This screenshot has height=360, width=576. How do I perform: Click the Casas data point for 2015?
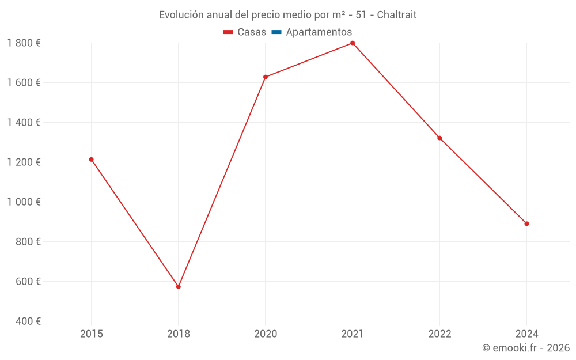(x=91, y=160)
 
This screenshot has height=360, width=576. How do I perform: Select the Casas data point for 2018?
(x=178, y=286)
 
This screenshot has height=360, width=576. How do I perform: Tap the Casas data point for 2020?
(x=266, y=77)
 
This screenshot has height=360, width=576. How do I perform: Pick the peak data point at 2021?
(x=353, y=43)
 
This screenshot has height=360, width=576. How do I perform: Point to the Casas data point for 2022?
(x=439, y=138)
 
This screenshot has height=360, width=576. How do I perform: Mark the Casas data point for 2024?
(x=526, y=223)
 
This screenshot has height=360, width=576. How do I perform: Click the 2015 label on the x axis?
(x=91, y=334)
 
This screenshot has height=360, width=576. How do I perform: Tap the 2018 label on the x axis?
(x=178, y=334)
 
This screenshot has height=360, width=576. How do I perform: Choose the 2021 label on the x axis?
(x=353, y=334)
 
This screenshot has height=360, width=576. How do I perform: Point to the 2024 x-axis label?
(x=526, y=334)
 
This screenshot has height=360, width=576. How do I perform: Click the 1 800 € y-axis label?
(x=24, y=43)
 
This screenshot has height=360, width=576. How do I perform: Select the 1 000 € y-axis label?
(x=24, y=202)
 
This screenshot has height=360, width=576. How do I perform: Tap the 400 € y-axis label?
(x=29, y=321)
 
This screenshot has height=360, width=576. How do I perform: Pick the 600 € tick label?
(x=29, y=282)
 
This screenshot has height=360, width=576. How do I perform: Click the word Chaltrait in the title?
(x=396, y=15)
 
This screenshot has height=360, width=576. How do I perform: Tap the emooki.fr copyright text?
(x=525, y=348)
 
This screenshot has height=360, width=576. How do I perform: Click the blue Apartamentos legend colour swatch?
(x=276, y=32)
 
